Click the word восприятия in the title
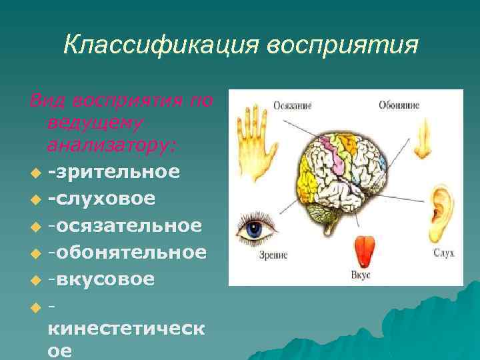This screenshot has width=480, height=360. (343, 45)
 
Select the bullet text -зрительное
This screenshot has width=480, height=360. (113, 171)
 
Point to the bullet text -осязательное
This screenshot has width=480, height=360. (125, 225)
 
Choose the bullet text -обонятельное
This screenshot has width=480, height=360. (127, 251)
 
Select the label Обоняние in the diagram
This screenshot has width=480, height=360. (398, 105)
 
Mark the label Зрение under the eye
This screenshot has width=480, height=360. (255, 262)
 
